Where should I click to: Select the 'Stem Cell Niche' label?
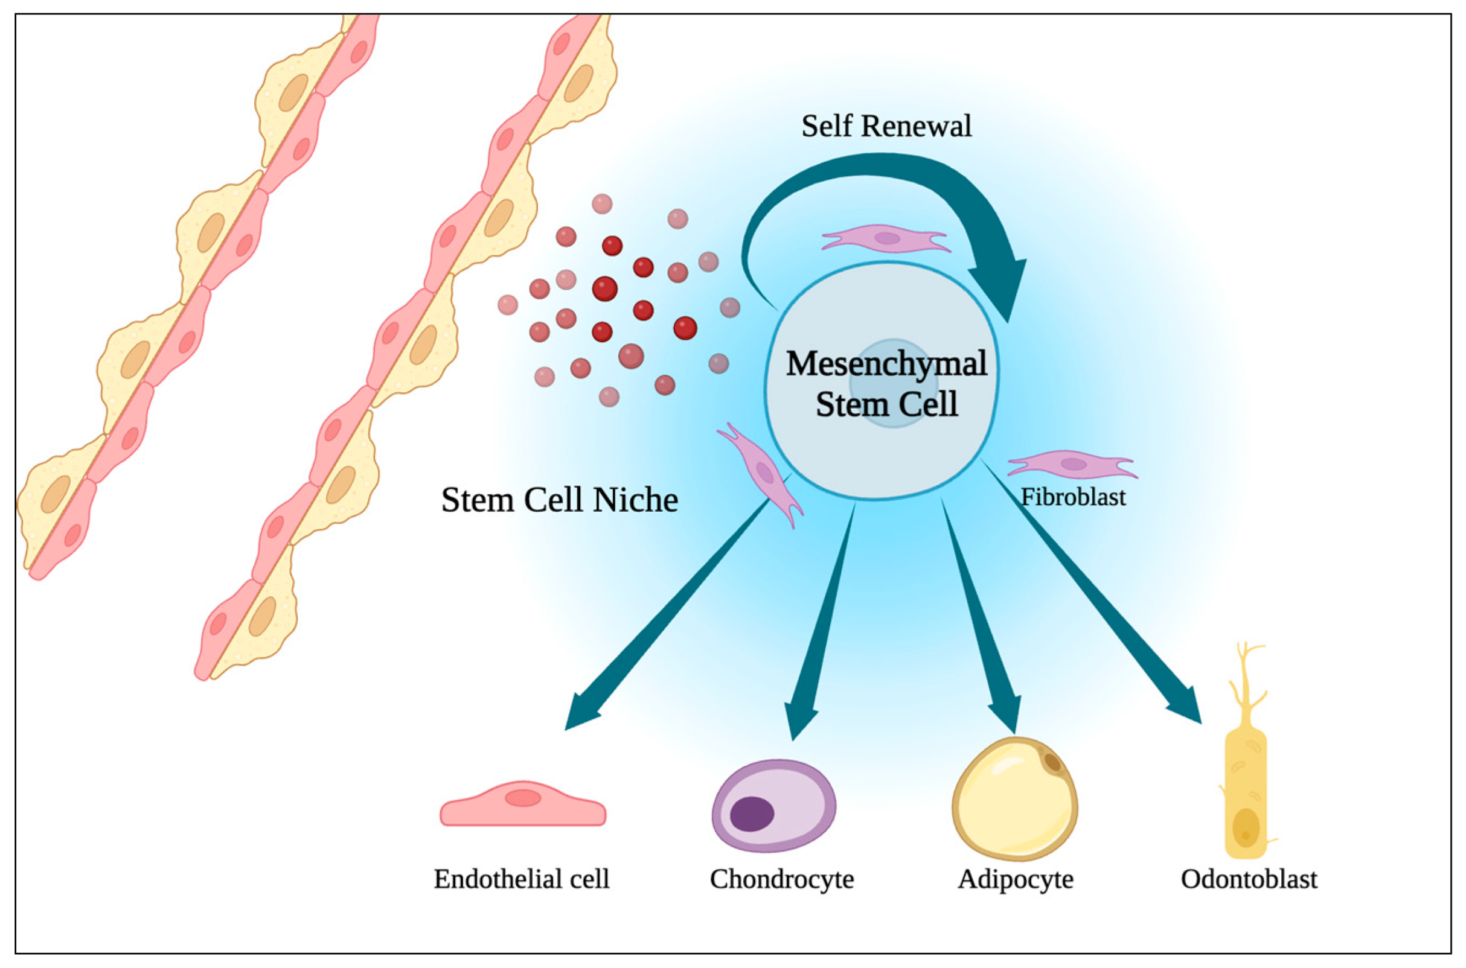tap(559, 500)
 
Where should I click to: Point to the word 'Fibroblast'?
tap(1074, 497)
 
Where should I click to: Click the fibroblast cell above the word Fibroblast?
tap(1072, 464)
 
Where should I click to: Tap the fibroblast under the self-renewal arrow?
tap(886, 238)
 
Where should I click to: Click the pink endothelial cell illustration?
tap(522, 804)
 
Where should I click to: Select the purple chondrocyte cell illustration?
tap(774, 805)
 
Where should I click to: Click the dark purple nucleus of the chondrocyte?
tap(752, 814)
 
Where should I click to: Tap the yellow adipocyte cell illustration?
tap(1014, 799)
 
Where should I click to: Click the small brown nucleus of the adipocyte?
tap(1052, 762)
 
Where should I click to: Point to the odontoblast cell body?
tap(1245, 797)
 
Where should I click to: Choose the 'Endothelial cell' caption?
tap(521, 879)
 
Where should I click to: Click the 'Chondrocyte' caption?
tap(781, 879)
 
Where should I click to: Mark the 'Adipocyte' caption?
tap(1015, 879)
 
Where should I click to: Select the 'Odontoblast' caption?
tap(1249, 879)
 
